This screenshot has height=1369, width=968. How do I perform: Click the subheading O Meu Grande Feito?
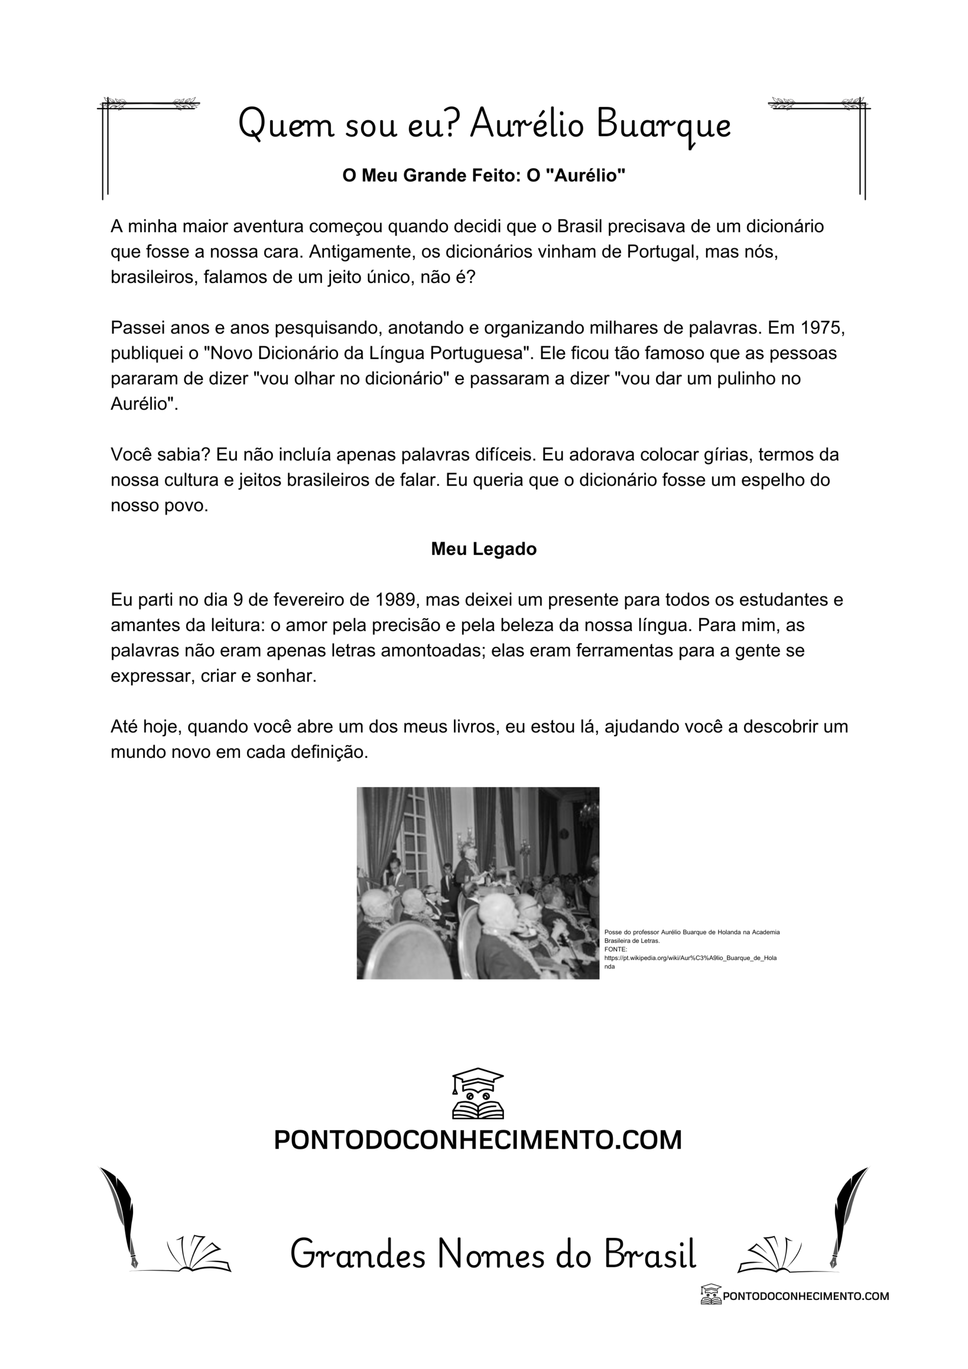pyautogui.click(x=483, y=175)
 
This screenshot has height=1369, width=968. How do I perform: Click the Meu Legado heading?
pyautogui.click(x=483, y=549)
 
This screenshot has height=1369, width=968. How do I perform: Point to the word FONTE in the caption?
pyautogui.click(x=615, y=949)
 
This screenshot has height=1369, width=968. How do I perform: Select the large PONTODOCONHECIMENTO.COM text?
pyautogui.click(x=477, y=1140)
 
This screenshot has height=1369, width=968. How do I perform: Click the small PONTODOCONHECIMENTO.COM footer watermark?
pyautogui.click(x=805, y=1296)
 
